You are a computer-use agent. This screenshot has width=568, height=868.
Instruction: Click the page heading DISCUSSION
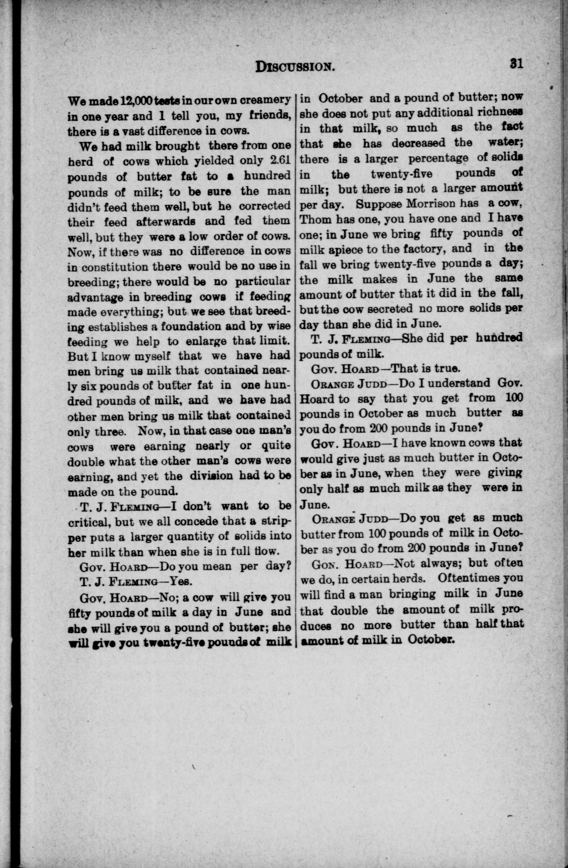295,66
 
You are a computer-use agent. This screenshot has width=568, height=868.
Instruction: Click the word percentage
438,158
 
